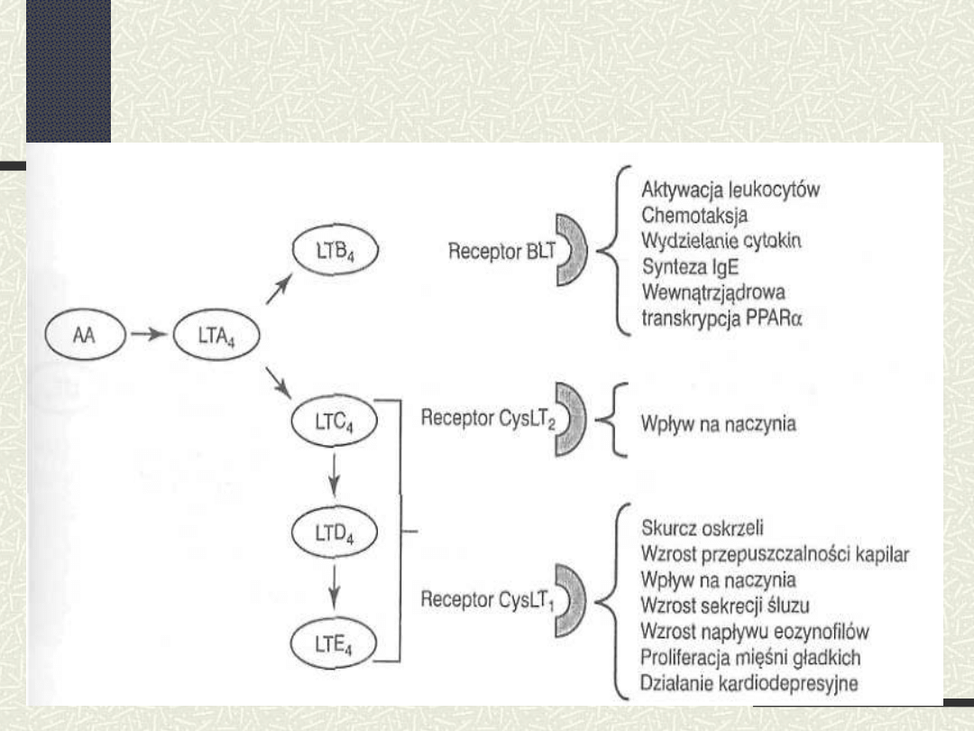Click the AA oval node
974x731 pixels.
point(85,335)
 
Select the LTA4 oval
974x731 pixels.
point(216,335)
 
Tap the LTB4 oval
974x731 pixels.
point(335,250)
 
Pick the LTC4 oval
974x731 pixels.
point(335,421)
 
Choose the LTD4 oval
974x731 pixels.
point(335,532)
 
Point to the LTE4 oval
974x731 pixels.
point(334,643)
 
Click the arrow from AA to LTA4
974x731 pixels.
point(149,335)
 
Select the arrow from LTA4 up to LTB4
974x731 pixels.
point(279,289)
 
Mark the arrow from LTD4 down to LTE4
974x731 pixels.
point(335,587)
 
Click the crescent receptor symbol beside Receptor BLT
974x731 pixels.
point(571,250)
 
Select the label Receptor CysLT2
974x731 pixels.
point(488,419)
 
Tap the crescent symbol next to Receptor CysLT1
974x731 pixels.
point(570,600)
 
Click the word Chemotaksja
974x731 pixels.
point(694,215)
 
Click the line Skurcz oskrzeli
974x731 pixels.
point(702,528)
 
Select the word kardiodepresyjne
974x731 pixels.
point(788,684)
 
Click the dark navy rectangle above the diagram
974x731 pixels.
point(69,71)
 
